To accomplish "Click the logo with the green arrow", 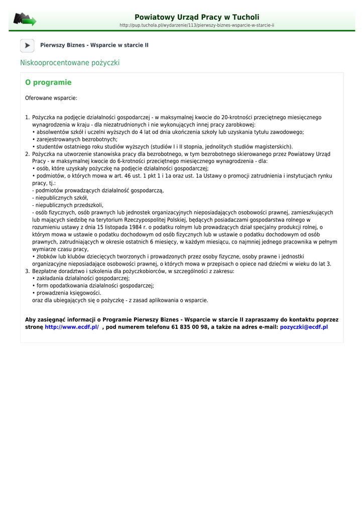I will click(x=25, y=20).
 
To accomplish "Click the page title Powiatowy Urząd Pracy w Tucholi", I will click(x=197, y=17).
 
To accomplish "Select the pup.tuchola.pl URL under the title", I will click(x=197, y=25).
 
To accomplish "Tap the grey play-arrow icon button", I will click(x=27, y=45).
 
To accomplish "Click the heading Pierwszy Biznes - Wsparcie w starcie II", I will click(x=94, y=45).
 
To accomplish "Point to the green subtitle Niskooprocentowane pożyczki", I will click(x=70, y=63).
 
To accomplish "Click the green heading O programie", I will click(x=48, y=82).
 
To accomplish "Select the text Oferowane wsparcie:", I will click(x=51, y=98).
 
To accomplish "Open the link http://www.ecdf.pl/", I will click(x=72, y=327).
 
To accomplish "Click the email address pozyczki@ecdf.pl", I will click(x=304, y=327).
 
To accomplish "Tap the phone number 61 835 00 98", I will click(x=189, y=327).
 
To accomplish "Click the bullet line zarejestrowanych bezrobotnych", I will click(x=75, y=139).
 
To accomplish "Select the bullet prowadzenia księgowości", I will click(x=68, y=293).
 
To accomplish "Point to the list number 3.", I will click(x=27, y=271).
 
